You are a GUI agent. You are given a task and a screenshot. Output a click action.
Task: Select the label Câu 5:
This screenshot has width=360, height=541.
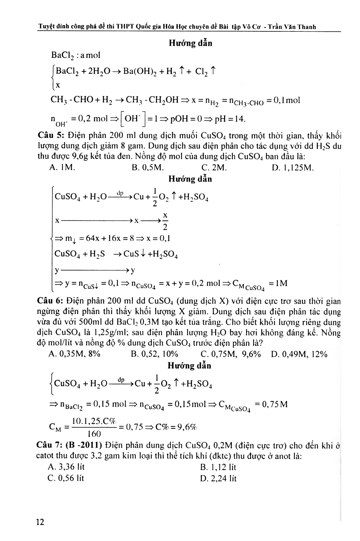[x=50, y=136]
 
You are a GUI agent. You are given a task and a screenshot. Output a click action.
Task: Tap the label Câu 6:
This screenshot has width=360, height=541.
[x=50, y=301]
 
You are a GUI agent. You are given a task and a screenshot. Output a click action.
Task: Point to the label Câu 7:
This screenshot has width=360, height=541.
[x=50, y=446]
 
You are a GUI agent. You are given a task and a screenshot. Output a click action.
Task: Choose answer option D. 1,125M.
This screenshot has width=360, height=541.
[x=293, y=167]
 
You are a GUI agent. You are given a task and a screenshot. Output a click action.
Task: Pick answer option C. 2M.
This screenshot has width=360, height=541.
[x=214, y=167]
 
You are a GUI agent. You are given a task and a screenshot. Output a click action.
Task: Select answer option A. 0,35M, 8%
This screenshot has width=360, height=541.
[x=74, y=354]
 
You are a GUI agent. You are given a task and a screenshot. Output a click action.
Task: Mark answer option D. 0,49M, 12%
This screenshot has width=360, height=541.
[x=299, y=354]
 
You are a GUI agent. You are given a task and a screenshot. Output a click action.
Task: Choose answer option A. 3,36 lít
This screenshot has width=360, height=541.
[x=66, y=467]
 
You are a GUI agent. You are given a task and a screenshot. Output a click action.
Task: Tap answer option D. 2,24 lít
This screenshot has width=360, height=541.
[x=219, y=479]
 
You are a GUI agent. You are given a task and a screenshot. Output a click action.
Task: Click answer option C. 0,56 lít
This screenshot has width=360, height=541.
[x=66, y=478]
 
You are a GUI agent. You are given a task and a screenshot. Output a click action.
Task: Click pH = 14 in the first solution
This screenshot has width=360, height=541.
[x=231, y=119]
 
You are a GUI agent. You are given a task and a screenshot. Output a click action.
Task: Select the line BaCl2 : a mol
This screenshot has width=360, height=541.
[x=76, y=55]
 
